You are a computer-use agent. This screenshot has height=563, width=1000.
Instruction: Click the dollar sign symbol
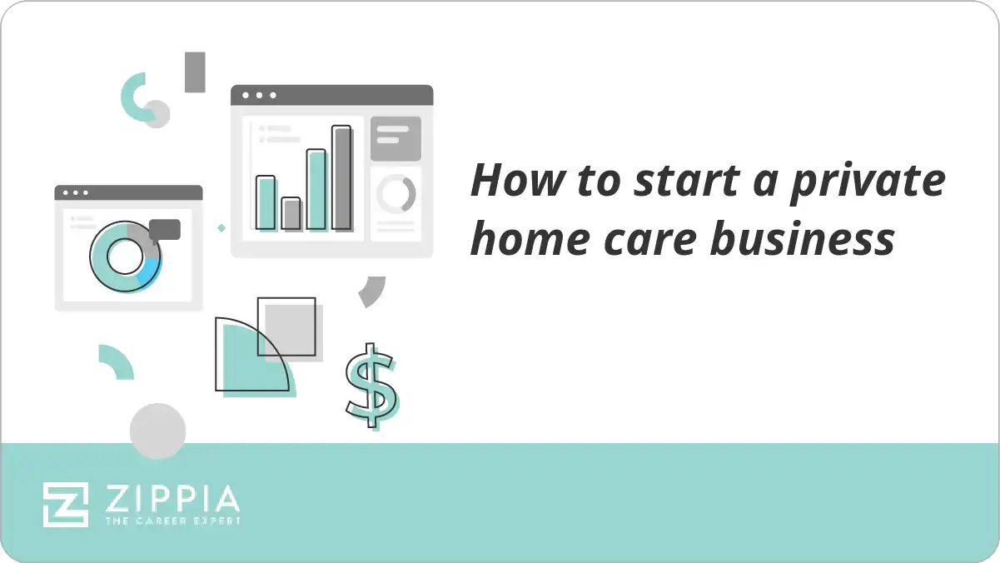[x=371, y=385]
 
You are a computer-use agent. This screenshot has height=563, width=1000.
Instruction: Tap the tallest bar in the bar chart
[x=341, y=177]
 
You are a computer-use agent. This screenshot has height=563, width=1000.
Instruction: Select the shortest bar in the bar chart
[x=291, y=213]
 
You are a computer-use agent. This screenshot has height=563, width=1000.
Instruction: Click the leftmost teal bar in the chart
[x=266, y=202]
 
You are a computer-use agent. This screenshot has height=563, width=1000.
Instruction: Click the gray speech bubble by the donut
[x=165, y=229]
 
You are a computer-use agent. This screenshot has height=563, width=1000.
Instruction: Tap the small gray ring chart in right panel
[x=396, y=193]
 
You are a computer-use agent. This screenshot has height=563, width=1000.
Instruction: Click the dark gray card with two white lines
[x=395, y=137]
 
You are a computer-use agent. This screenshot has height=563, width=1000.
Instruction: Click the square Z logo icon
[x=66, y=504]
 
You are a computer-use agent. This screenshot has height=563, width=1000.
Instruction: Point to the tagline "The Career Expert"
[x=172, y=521]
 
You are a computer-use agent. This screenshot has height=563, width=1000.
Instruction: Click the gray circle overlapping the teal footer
[x=157, y=431]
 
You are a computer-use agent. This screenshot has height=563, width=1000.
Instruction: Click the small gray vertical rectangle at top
[x=195, y=72]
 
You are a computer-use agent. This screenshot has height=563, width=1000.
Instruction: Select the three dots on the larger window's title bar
[x=258, y=95]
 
